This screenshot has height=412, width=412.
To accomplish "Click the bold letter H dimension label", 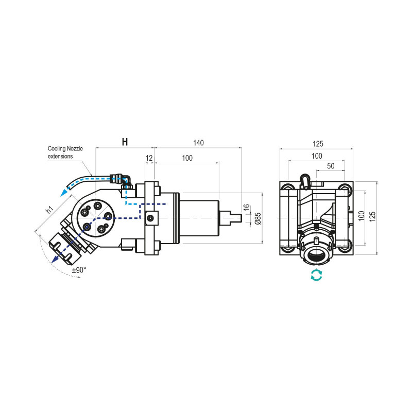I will click(125, 142).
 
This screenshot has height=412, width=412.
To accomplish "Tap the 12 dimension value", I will click(149, 158).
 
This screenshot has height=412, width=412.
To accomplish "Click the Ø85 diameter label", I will click(258, 219).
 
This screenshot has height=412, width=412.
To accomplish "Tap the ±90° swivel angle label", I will click(79, 269).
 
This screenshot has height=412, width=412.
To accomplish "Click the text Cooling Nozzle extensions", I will click(65, 152).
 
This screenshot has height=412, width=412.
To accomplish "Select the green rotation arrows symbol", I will click(316, 275).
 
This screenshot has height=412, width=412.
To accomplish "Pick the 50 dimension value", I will click(331, 166).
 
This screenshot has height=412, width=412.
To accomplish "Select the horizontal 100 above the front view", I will click(316, 156).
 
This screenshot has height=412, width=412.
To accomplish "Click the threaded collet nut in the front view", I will click(316, 255).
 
